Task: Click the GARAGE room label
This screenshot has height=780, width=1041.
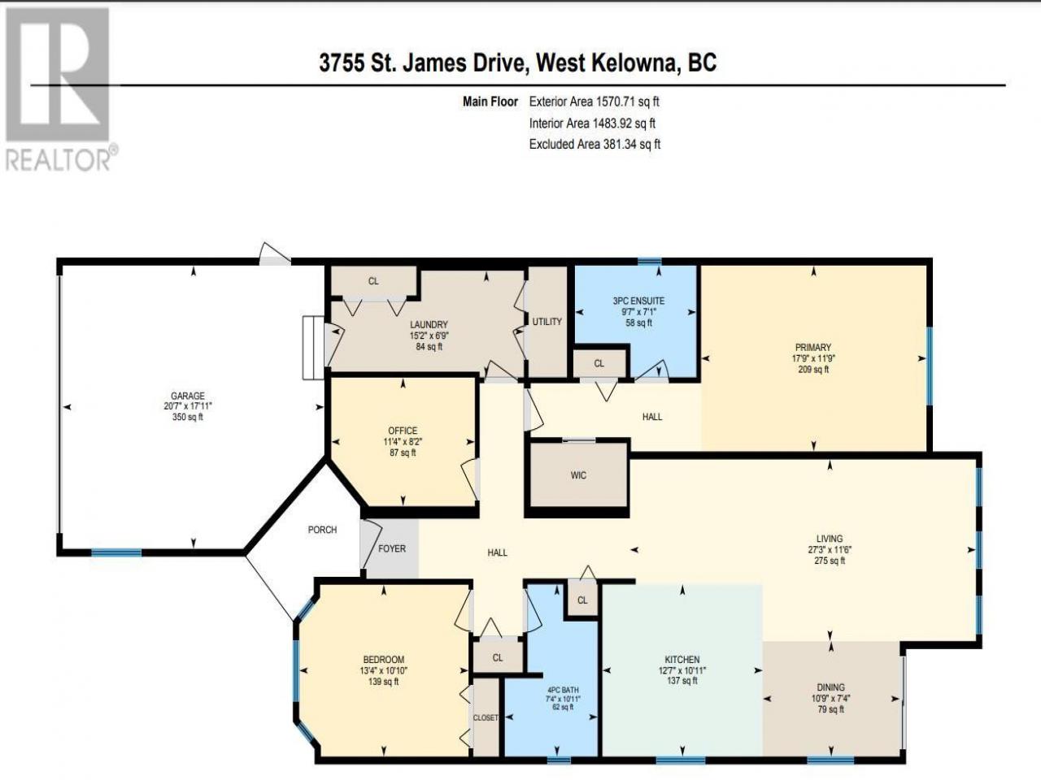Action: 188,396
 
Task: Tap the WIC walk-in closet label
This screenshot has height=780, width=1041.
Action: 578,475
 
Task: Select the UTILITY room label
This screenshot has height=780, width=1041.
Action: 547,322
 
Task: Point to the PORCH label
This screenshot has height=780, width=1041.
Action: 323,530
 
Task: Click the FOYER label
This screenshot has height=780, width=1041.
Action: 392,548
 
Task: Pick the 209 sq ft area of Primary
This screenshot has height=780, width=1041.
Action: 813,370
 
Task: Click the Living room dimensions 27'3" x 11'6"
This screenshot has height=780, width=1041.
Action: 830,550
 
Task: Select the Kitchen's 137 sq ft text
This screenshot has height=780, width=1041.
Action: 682,681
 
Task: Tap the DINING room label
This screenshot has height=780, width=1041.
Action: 831,687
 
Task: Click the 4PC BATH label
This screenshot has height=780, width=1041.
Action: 563,690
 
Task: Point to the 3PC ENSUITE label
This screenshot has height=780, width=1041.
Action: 638,301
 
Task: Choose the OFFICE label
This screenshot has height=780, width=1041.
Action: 403,431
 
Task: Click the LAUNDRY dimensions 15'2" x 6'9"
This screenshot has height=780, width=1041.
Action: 429,336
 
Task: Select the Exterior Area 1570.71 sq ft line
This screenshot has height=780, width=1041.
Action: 595,102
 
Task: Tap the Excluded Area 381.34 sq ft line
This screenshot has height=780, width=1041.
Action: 595,144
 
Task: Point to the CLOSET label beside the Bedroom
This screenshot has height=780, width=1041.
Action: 486,718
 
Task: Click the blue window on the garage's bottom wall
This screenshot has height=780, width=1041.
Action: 116,552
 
